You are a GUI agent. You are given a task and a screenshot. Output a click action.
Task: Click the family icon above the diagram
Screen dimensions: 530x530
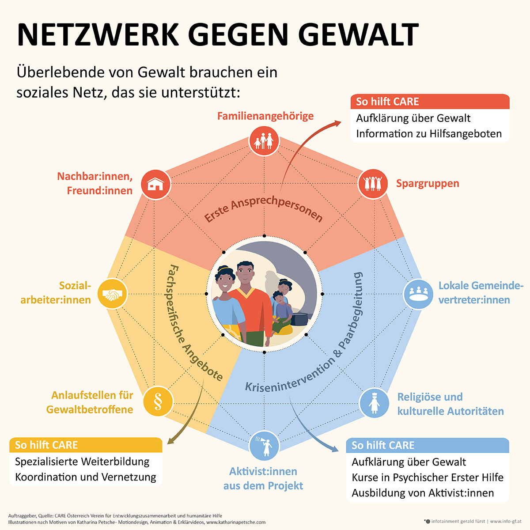[264, 141]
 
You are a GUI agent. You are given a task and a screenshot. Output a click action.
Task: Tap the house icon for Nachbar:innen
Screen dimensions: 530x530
[155, 184]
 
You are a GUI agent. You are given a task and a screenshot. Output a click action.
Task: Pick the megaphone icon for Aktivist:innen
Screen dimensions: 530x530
[264, 446]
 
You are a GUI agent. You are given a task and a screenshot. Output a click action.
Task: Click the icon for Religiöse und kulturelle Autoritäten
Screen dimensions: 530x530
[374, 403]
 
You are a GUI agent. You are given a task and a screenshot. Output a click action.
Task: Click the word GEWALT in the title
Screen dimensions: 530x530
[360, 34]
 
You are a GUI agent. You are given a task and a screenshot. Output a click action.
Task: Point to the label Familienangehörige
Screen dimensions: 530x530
[265, 116]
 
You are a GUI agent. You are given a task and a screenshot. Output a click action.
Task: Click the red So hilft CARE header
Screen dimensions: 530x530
[430, 102]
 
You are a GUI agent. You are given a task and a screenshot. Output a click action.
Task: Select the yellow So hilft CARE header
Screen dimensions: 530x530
[86, 445]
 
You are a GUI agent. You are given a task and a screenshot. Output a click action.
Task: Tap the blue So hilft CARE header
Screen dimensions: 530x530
[428, 445]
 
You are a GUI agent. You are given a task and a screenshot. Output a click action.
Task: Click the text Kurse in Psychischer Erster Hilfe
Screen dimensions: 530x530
[428, 477]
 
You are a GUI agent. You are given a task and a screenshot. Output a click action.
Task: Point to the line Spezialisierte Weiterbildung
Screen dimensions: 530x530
[82, 462]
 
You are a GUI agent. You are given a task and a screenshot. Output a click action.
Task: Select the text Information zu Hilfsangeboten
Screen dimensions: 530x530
[429, 133]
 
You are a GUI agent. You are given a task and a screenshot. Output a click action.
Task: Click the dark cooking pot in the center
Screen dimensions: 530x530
[299, 319]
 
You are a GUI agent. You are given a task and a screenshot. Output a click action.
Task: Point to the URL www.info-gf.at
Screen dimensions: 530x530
[506, 521]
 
